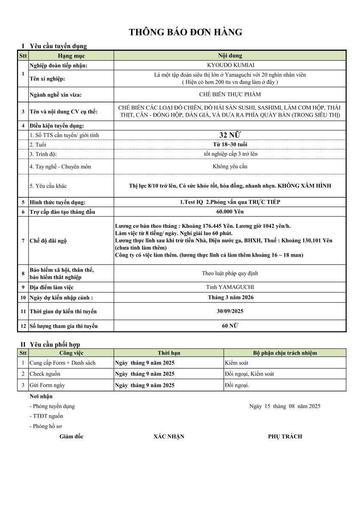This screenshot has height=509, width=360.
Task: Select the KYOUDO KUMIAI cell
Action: coord(230,65)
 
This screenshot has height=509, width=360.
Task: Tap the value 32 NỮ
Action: coord(230,135)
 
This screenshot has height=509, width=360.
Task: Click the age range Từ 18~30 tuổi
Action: coord(230,145)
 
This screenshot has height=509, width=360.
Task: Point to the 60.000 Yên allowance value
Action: coord(230,211)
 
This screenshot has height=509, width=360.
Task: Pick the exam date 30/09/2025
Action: coord(230,311)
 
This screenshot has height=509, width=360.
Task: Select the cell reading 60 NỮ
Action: coord(230,325)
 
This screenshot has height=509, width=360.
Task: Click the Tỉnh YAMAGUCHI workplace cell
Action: coord(230,287)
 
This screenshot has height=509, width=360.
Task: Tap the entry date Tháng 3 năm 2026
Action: coord(230,297)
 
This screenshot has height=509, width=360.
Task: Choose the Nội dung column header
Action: coord(230,56)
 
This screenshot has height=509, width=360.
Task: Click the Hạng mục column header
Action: coord(71,56)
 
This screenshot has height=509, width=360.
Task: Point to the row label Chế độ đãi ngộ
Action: coord(48,241)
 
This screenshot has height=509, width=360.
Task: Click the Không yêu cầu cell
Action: coord(230,166)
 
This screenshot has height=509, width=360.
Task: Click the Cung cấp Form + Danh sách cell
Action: coord(62,363)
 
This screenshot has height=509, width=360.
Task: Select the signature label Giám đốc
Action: coord(71,436)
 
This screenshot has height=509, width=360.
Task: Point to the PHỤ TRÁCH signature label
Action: coord(285,436)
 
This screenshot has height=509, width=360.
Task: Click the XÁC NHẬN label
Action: coord(169,436)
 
